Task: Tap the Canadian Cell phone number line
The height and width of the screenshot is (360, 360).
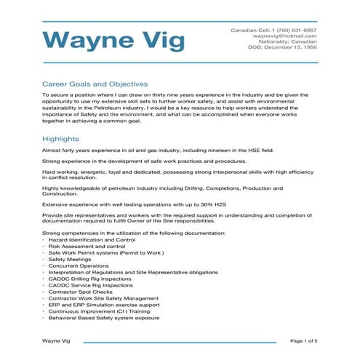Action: (273, 30)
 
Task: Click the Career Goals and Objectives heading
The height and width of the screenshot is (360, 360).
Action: (95, 84)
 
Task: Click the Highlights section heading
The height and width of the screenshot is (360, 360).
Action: (60, 138)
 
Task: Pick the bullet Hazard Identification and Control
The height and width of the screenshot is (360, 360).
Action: (92, 239)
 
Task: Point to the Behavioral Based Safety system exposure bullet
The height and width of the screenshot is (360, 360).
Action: (103, 318)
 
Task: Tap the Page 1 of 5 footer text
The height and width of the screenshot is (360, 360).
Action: (304, 341)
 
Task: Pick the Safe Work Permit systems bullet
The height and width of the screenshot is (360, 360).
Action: (97, 252)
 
